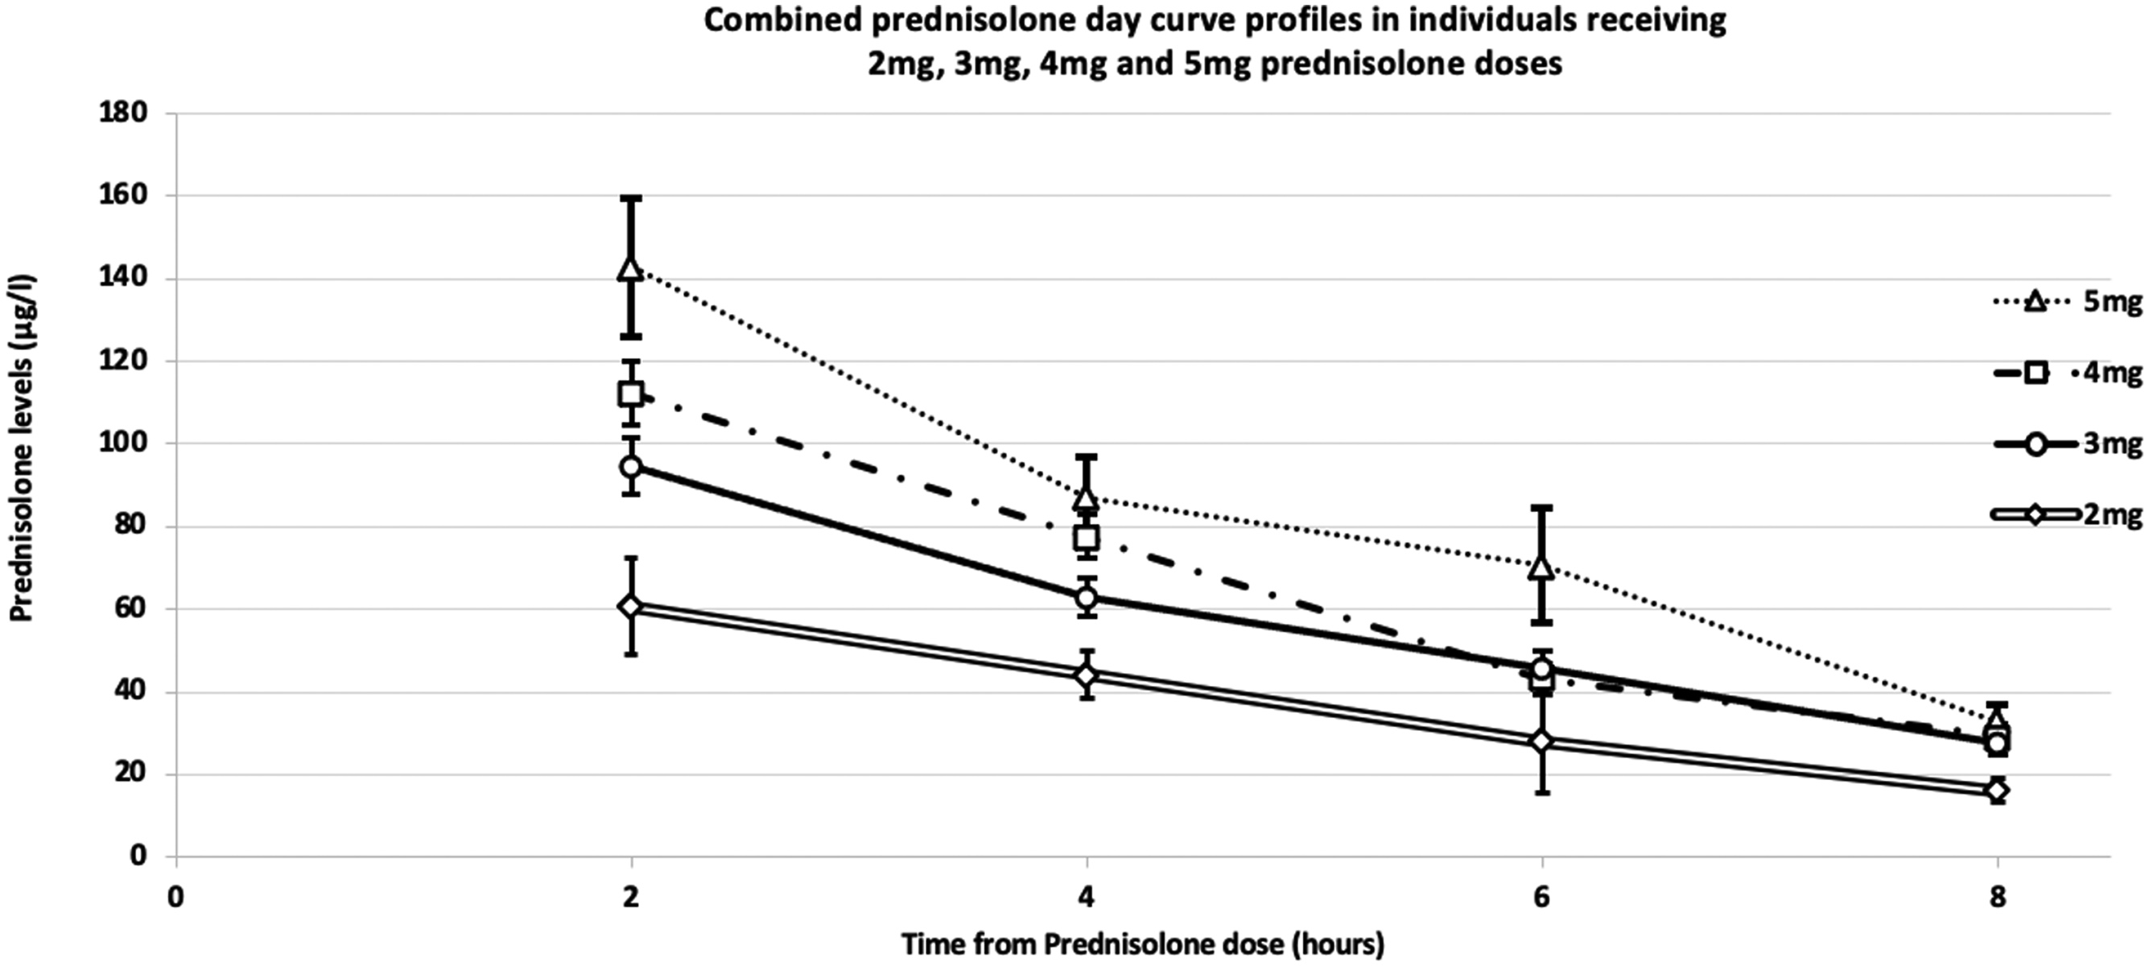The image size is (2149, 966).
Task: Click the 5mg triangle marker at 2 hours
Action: click(631, 269)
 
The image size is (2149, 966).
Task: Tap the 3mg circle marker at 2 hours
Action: click(631, 466)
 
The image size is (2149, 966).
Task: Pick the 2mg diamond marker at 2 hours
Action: click(631, 605)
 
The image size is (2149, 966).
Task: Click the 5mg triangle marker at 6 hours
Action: click(1541, 568)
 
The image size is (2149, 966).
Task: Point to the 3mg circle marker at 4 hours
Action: click(1087, 597)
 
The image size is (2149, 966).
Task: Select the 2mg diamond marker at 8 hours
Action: click(1996, 790)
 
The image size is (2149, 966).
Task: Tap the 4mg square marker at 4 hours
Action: click(1087, 538)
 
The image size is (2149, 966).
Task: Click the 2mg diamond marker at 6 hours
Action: click(1541, 741)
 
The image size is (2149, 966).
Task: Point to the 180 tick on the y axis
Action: click(124, 113)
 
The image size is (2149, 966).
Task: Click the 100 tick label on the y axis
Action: click(124, 443)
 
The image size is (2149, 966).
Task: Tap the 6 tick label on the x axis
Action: click(1541, 899)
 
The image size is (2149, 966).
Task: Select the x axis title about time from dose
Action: click(1143, 945)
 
